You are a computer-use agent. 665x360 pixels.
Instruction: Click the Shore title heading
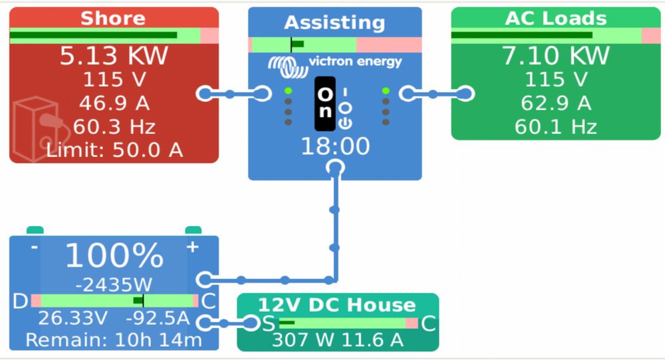(113, 18)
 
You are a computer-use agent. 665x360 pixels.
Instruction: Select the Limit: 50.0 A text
(114, 150)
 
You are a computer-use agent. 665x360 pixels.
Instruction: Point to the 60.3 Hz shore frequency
(114, 126)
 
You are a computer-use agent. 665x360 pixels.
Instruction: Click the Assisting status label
(334, 23)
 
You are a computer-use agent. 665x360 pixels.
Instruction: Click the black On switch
(325, 103)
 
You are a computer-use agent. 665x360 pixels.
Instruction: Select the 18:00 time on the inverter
(335, 146)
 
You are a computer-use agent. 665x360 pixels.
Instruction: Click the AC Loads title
(556, 18)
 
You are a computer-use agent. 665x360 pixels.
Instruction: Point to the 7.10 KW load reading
(556, 56)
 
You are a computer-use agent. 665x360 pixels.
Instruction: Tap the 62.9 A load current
(556, 103)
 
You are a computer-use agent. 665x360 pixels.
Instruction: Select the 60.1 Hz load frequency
(556, 126)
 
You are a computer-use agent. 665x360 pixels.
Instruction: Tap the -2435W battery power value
(114, 285)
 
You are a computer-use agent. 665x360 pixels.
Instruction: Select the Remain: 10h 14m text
(114, 340)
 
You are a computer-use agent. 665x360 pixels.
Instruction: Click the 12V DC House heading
(336, 305)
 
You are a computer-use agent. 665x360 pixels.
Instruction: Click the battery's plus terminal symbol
(192, 247)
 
